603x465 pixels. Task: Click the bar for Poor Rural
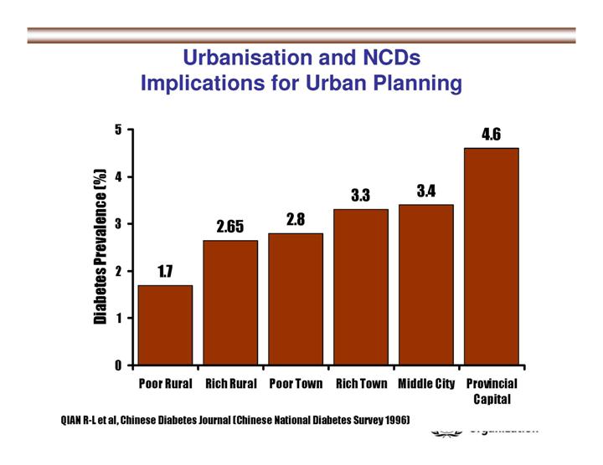165,325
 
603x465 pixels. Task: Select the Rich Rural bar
230,303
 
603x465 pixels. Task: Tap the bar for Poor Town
296,299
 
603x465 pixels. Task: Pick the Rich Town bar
361,287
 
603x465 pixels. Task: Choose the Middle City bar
426,284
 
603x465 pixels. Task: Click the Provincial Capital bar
492,257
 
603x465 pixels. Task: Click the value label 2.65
230,227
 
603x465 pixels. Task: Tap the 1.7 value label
165,271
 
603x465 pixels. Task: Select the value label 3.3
361,196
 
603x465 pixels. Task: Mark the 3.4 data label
426,192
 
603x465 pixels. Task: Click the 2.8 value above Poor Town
296,219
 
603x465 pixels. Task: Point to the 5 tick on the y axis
119,130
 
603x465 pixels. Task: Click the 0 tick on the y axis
119,365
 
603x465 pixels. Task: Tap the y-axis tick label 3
119,224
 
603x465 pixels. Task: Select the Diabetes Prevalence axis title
100,247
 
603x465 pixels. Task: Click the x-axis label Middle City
426,384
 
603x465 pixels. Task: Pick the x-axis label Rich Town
361,384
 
